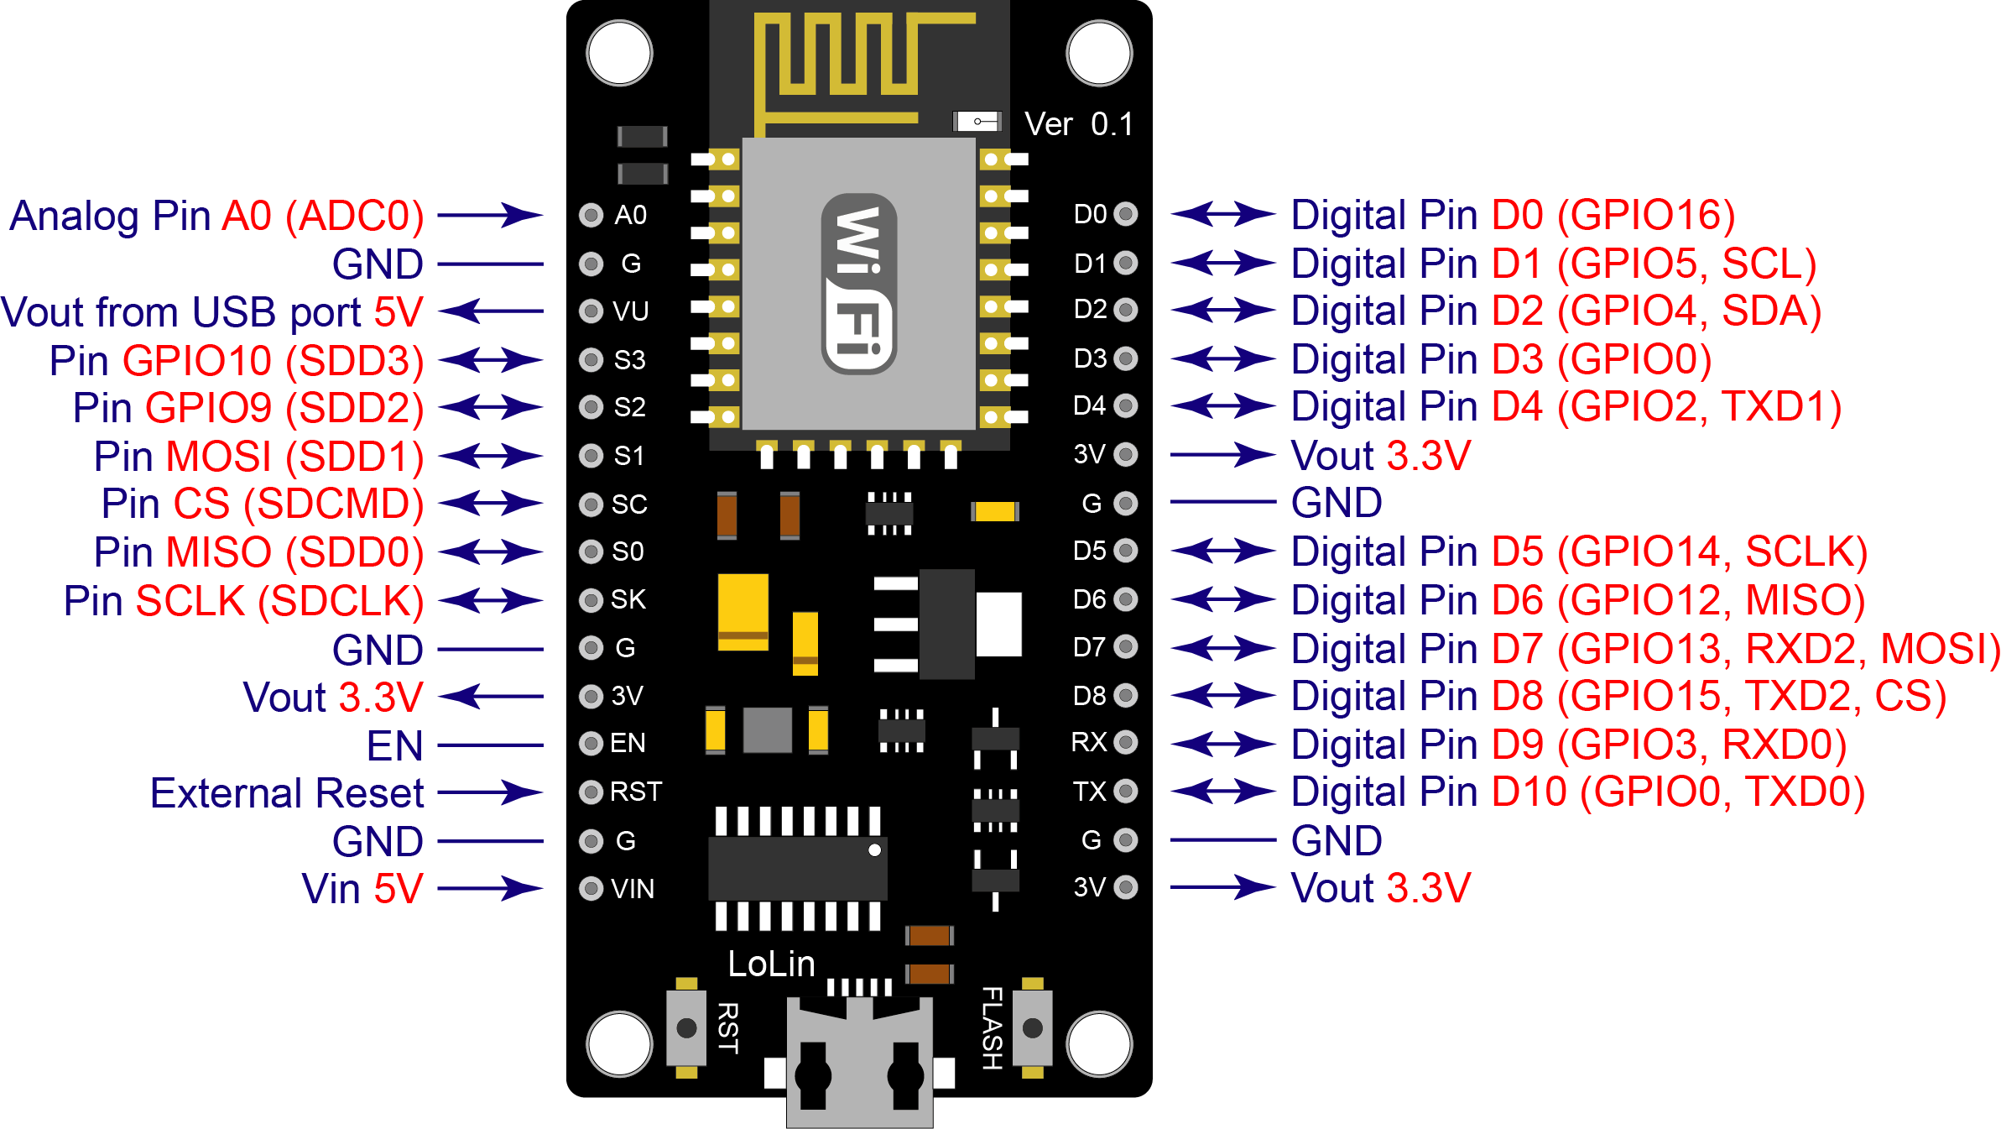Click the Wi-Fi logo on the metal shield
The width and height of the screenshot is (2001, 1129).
coord(859,284)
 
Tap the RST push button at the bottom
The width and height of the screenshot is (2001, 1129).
coord(686,1027)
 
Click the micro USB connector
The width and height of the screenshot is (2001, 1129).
coord(859,1066)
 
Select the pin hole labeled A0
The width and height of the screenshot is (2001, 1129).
coord(591,215)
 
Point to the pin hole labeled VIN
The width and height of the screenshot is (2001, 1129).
coord(591,888)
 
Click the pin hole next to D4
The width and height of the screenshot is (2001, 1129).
coord(1126,406)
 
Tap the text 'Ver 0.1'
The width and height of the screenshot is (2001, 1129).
coord(1079,124)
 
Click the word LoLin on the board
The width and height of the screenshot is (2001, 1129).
coord(771,964)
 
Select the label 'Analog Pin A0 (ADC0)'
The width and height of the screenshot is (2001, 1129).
coord(216,216)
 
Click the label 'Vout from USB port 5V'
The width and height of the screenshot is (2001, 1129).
coord(212,312)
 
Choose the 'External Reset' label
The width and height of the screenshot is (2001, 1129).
coord(287,793)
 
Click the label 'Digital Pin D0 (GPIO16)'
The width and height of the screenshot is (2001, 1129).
coord(1513,215)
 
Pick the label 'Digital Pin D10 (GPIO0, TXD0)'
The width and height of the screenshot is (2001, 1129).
coord(1577,792)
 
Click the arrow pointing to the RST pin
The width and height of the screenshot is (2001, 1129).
coord(491,792)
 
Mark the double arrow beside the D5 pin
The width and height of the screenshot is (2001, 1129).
coord(1222,551)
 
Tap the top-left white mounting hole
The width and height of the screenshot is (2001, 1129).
coord(619,54)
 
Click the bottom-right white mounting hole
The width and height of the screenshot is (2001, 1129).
coord(1099,1044)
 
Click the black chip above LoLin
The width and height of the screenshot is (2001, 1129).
coord(797,868)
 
